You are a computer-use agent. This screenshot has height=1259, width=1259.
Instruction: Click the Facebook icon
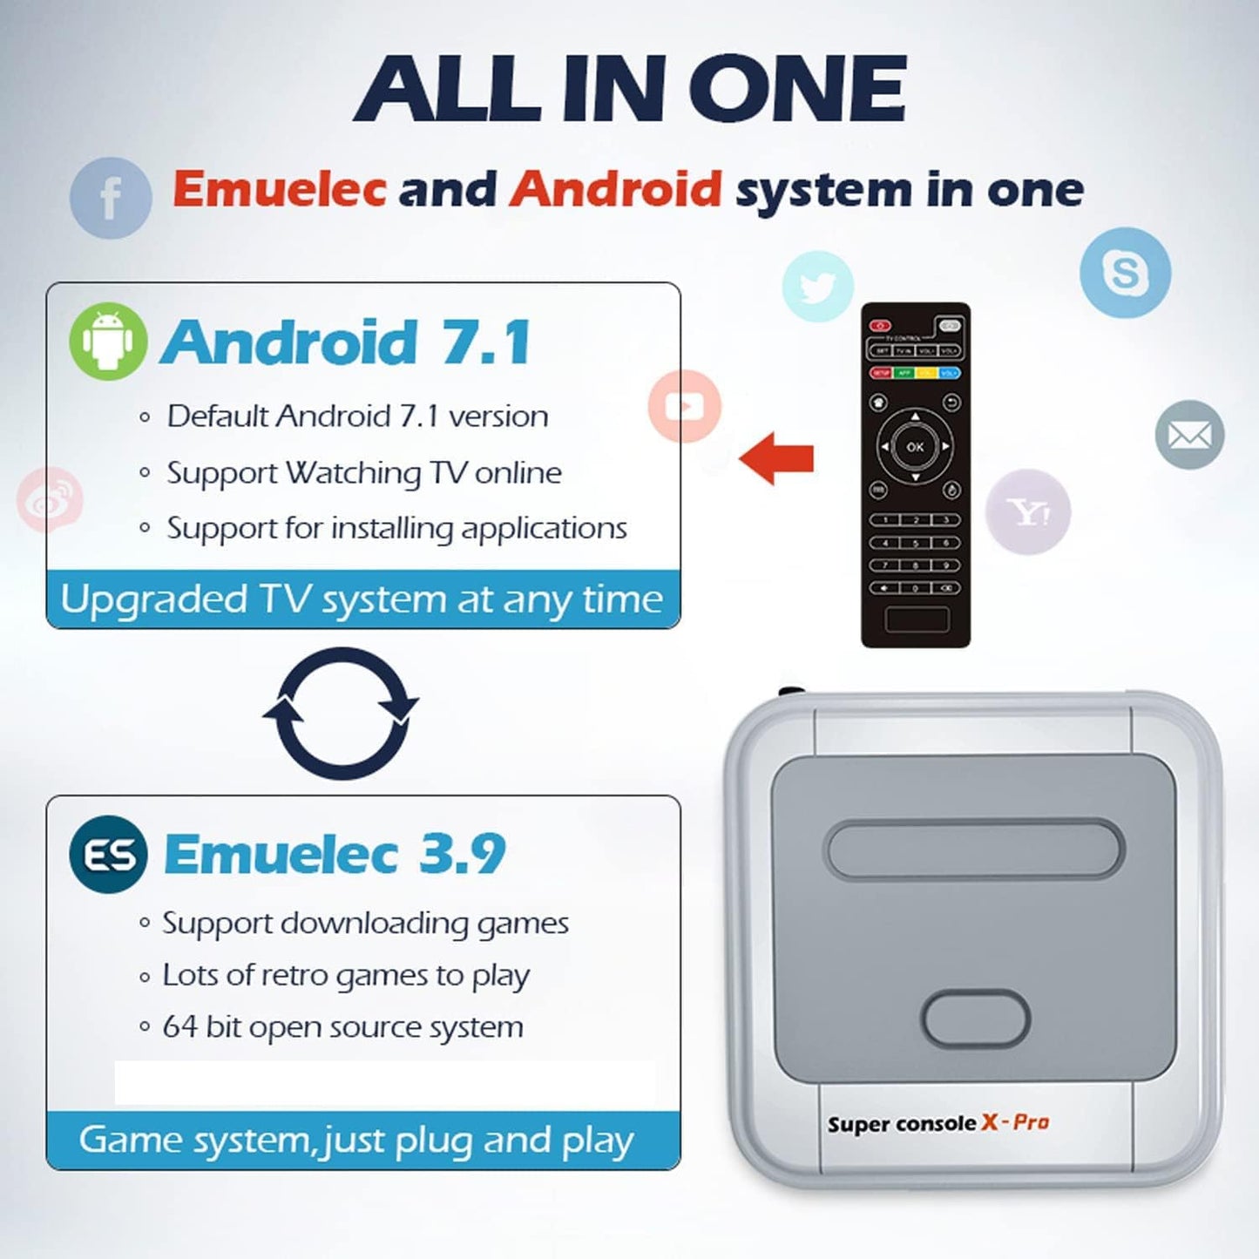pos(111,198)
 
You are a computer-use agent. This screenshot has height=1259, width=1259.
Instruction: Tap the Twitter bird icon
pos(817,287)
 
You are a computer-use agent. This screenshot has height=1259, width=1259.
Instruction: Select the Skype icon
pos(1125,273)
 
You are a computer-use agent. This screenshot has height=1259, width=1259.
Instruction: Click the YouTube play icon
pos(685,406)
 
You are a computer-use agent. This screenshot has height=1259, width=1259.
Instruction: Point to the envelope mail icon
pos(1189,435)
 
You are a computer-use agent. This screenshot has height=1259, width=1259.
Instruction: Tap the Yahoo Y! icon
pos(1028,512)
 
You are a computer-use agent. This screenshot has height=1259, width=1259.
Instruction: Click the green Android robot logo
pos(108,342)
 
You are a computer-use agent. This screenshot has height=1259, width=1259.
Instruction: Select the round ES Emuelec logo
pos(108,854)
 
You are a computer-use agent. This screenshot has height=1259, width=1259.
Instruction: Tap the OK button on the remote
pos(915,447)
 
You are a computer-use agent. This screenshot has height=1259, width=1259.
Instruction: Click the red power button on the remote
pos(880,326)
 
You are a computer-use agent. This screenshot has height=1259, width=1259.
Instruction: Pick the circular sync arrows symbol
pos(341,712)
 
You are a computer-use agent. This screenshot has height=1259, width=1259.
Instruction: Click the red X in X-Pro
pos(990,1122)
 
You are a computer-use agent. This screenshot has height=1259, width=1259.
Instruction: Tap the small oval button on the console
pos(976,1018)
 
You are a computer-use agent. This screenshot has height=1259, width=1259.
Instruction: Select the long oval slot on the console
pos(974,849)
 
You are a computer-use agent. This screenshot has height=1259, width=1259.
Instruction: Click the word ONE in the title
pos(797,88)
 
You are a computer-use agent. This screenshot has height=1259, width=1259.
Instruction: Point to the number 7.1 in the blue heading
pos(486,342)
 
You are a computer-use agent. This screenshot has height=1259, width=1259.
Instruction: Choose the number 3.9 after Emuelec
pos(462,854)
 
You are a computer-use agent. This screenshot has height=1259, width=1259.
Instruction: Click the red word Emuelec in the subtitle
pos(279,188)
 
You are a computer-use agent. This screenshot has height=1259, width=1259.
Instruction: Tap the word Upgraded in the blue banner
pos(154,600)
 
